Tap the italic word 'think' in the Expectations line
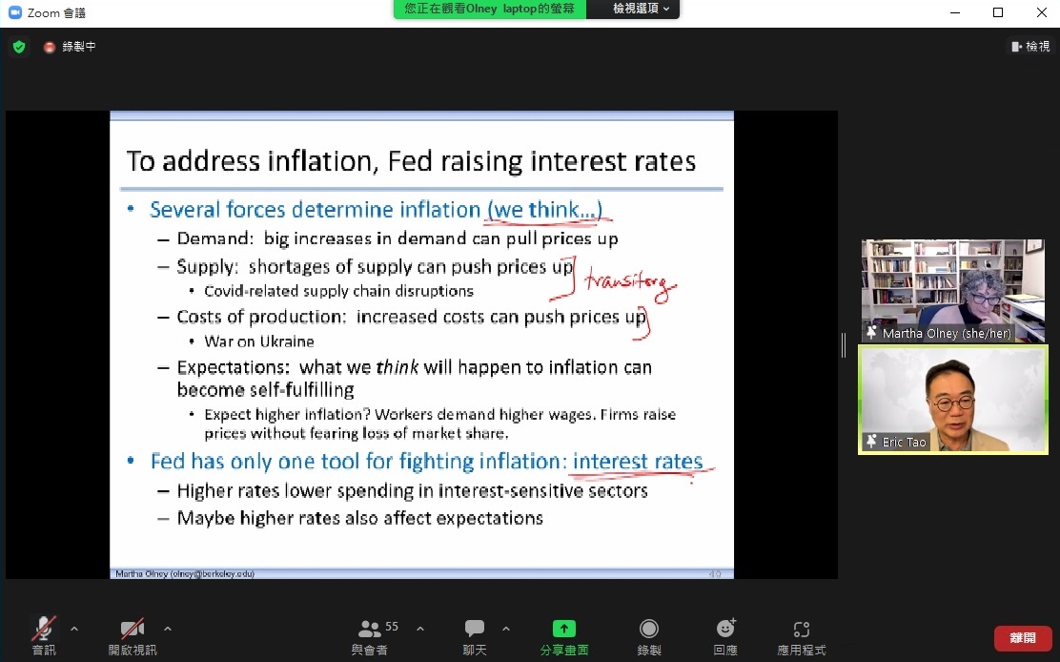pos(397,367)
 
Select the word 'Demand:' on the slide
pos(215,238)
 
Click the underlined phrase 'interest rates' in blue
pos(638,461)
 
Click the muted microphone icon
pos(44,629)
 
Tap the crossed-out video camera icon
pos(132,629)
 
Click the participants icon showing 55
pos(369,629)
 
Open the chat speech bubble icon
pos(475,629)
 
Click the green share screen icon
pos(563,629)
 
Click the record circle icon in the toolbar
pos(649,629)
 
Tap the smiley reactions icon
pos(725,629)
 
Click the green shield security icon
pos(19,47)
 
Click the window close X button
pos(1042,12)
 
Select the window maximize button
pos(998,12)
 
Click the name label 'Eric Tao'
pos(904,443)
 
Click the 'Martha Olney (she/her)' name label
pos(947,333)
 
